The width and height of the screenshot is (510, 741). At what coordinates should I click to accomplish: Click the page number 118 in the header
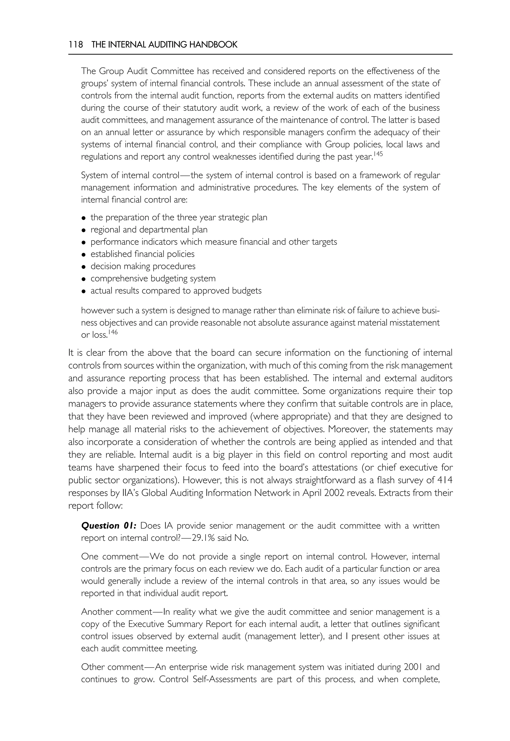click(75, 45)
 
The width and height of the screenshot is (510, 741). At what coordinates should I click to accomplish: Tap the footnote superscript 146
click(113, 332)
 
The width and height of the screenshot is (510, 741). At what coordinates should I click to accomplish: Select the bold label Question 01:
click(109, 526)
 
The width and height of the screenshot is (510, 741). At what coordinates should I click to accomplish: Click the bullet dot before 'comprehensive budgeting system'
click(83, 279)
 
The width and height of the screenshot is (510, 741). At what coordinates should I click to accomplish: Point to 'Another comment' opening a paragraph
click(116, 612)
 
